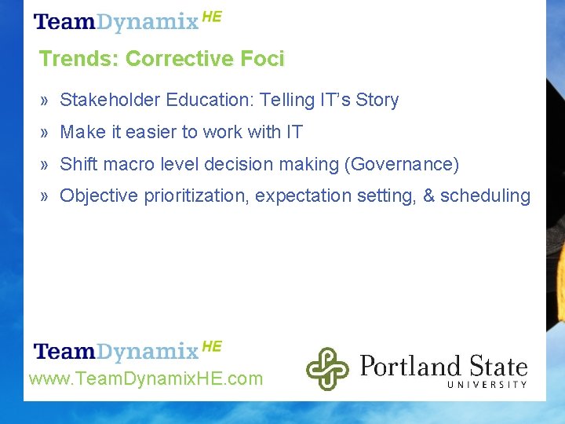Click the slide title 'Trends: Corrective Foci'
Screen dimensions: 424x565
162,59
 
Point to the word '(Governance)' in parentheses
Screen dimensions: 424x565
404,165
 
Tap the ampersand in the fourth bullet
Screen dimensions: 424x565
429,196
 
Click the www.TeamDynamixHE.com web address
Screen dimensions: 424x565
146,379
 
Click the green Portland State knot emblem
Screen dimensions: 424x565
326,369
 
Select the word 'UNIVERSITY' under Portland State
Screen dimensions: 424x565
487,384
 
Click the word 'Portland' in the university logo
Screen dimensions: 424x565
410,366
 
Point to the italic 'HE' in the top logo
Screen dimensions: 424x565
212,16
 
